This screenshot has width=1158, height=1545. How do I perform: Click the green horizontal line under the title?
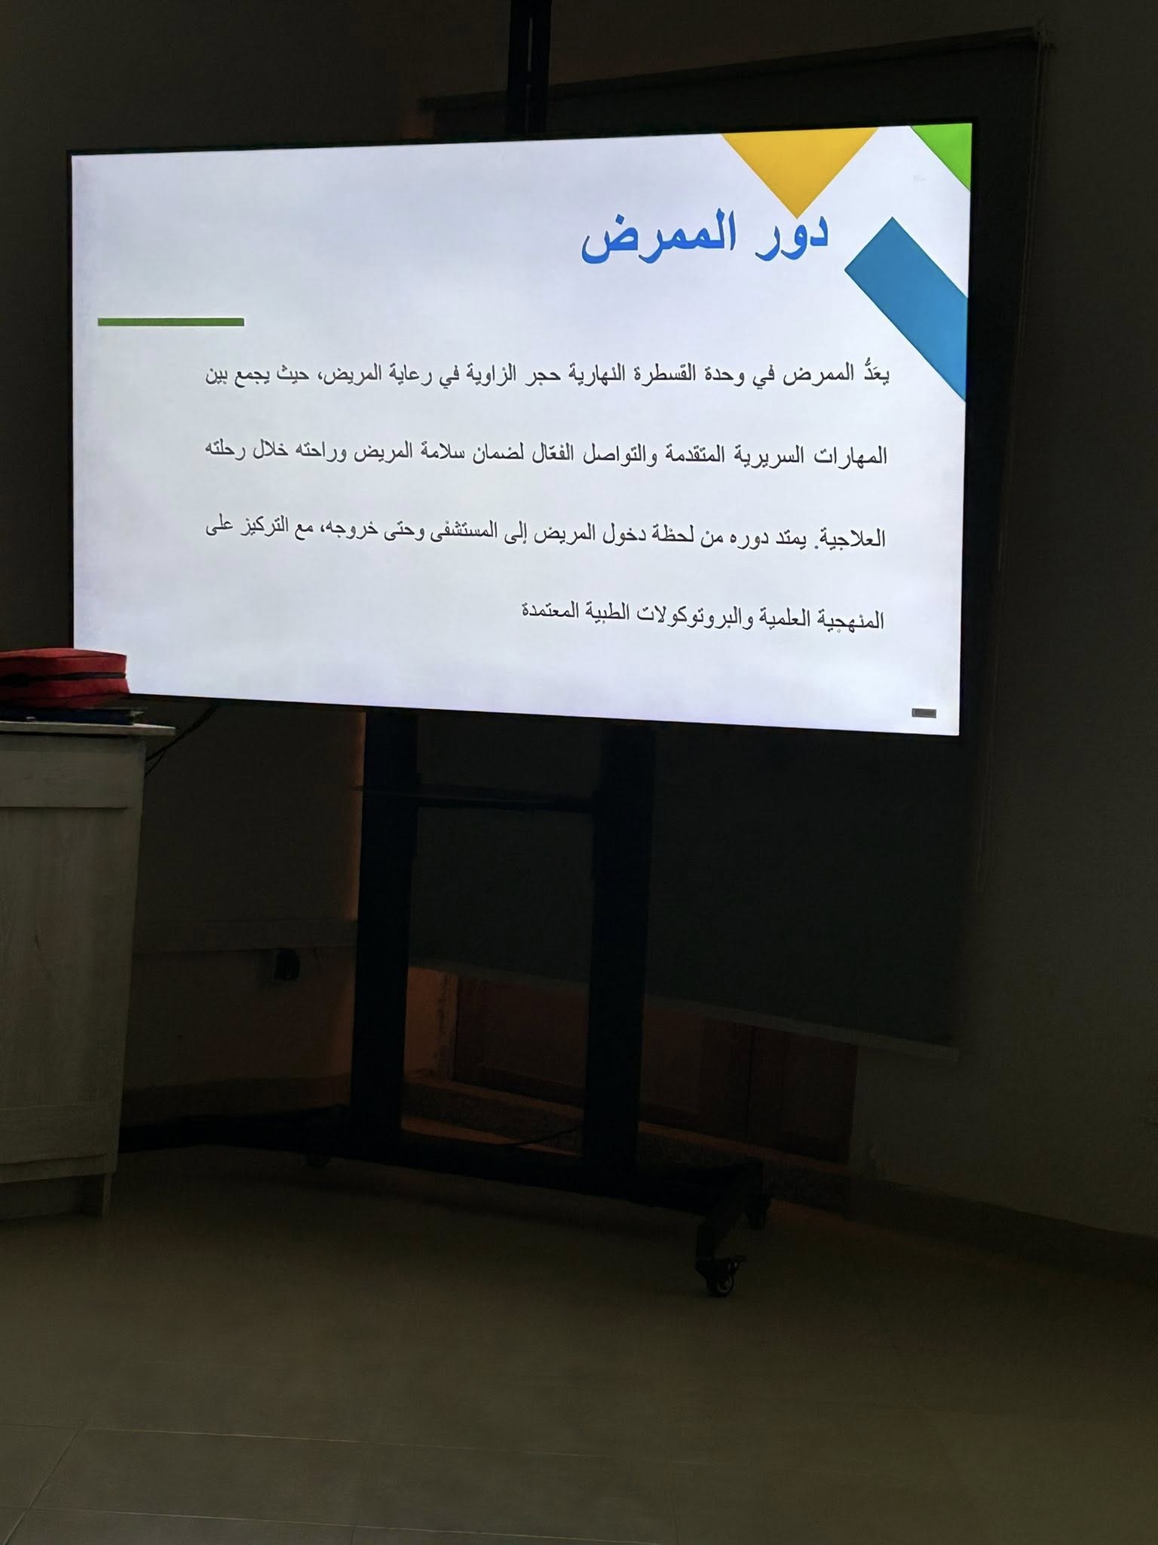tap(171, 322)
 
